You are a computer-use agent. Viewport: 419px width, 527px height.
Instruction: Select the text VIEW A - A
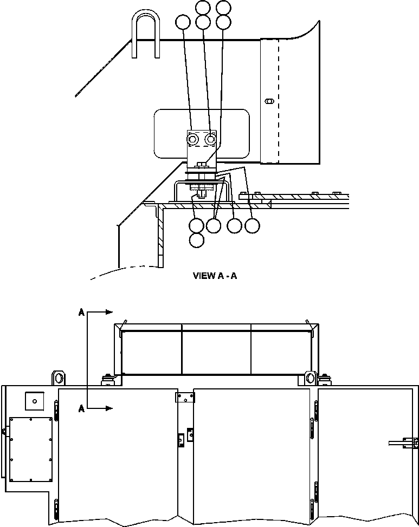(x=215, y=276)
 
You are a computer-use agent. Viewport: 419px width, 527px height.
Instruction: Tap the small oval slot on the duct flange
(x=268, y=101)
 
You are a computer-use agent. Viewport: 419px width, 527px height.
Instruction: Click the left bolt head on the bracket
(x=192, y=140)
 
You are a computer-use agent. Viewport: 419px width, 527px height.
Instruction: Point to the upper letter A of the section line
(x=81, y=312)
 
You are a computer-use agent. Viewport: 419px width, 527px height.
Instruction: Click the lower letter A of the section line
(x=81, y=409)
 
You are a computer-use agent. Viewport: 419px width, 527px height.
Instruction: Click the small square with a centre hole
(x=34, y=401)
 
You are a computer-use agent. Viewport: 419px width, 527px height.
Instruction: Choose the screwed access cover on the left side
(x=31, y=449)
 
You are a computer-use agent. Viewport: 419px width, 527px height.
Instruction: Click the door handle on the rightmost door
(x=404, y=443)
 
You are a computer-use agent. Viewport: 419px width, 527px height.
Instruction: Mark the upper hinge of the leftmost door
(x=56, y=411)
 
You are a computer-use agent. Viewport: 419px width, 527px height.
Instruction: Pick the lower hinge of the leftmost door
(x=56, y=509)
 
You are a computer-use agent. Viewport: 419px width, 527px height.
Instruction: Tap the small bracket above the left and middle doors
(x=185, y=398)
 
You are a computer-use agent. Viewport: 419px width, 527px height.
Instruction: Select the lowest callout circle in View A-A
(x=197, y=239)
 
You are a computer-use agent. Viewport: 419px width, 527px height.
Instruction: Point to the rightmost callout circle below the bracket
(x=252, y=225)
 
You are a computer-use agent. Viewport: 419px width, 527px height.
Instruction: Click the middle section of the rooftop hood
(x=216, y=352)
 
